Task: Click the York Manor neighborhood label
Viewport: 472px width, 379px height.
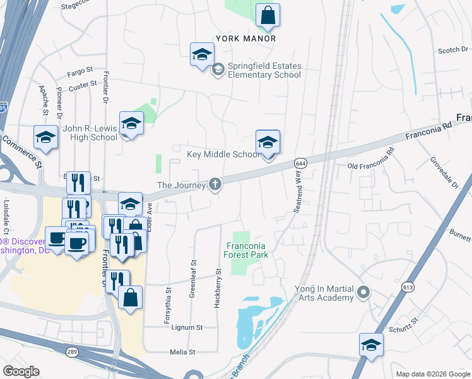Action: (246, 39)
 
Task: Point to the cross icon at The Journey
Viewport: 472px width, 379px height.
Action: (215, 184)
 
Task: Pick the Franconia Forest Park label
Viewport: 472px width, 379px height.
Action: (247, 250)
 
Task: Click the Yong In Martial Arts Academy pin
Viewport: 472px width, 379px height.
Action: (363, 292)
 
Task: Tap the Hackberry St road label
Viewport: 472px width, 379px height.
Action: (218, 288)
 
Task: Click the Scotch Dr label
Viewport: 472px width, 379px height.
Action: (451, 51)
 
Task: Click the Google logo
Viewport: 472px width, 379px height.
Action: (21, 371)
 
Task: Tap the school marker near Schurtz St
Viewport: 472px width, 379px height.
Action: (371, 345)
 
